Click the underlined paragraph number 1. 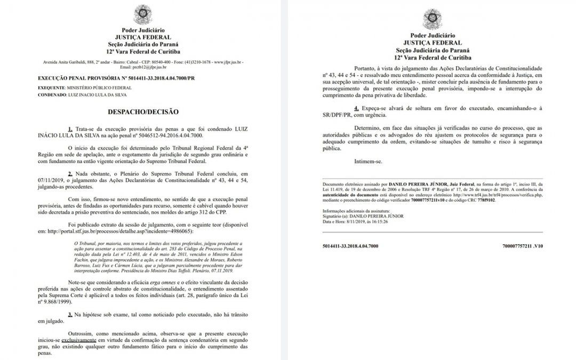[70, 130]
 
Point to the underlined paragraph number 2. [70, 174]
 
